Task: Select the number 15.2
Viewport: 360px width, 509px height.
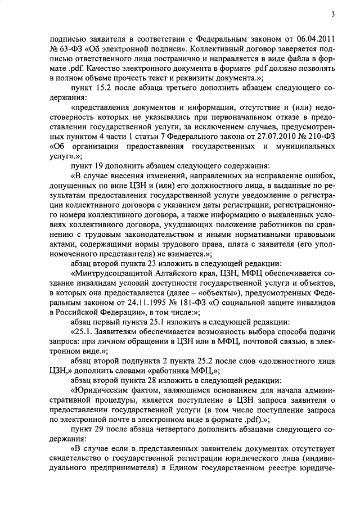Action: pos(98,89)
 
